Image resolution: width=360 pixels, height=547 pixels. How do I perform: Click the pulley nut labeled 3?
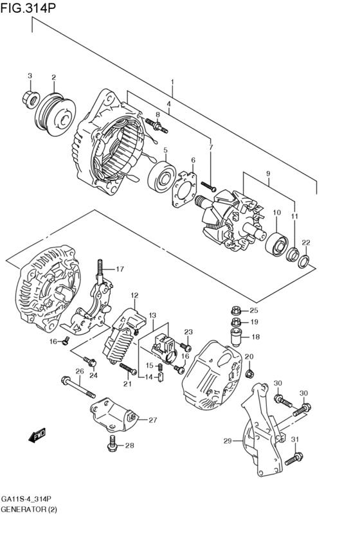(x=30, y=98)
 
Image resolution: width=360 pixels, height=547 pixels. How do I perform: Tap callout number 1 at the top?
(x=172, y=82)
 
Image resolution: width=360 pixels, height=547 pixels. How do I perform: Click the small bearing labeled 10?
(x=277, y=244)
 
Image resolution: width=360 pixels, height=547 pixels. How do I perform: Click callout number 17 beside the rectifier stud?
(x=120, y=269)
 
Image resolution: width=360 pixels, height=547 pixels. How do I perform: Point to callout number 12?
(x=134, y=296)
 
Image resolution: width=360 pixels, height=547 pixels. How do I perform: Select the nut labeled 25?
(x=235, y=310)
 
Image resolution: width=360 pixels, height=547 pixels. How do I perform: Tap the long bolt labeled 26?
(x=78, y=387)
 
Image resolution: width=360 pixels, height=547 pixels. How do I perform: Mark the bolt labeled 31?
(x=293, y=458)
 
